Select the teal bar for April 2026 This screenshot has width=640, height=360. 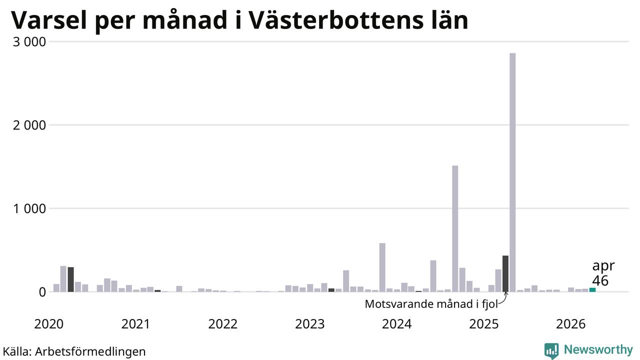592,289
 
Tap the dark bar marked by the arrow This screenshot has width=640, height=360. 505,273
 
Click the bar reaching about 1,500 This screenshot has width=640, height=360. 455,228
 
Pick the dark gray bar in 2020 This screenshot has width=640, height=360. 71,279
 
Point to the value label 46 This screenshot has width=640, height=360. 600,280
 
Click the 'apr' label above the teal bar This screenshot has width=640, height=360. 603,266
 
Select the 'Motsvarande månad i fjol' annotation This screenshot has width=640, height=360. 431,303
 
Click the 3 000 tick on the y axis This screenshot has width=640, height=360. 29,42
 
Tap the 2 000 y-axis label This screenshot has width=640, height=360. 29,125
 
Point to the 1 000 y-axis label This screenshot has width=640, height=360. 29,208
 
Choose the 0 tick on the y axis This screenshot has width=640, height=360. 42,292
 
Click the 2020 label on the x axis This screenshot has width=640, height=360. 49,324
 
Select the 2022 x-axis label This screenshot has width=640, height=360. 223,324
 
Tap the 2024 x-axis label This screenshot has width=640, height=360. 397,324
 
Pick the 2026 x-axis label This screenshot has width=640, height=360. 571,324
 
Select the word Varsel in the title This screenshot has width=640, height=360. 49,20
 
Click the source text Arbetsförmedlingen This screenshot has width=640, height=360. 90,351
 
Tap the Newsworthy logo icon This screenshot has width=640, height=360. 551,350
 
